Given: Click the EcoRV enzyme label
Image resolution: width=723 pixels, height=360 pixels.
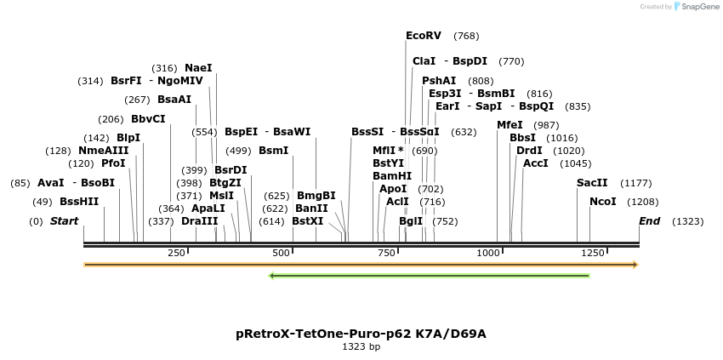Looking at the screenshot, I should coord(424,36).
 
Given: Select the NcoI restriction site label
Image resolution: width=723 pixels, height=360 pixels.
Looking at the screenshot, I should coord(603,202).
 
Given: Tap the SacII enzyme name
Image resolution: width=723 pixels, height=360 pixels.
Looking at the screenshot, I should coord(592,183).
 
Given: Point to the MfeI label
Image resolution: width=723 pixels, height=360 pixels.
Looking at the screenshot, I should coord(510,125).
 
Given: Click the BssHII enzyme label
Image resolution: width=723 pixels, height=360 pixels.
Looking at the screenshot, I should coord(79,202).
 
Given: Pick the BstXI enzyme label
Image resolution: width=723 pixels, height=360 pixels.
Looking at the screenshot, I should coord(308,221).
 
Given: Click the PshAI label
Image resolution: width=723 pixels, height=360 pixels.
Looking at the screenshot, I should coord(439,81).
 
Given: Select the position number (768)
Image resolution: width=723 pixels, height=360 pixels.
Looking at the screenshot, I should coord(466,36).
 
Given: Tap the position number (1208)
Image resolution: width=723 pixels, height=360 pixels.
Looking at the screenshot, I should coord(643,202).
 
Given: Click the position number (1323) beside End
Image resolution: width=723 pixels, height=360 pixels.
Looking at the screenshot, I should coord(688,221).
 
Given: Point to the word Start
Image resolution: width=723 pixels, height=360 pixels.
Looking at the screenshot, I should coord(64,221).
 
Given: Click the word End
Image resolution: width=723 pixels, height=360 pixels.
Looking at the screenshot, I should coord(649,221).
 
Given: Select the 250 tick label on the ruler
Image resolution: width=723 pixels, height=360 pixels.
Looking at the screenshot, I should coord(176,253).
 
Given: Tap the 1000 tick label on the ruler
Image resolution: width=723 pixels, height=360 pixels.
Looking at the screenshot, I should coord(488,253).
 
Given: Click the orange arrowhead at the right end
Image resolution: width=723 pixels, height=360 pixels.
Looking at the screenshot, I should coord(635,265).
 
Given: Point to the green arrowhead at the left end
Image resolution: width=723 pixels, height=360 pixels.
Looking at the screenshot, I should coord(271,276).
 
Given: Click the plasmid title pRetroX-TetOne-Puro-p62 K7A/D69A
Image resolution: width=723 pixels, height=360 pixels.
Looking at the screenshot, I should coord(361,334).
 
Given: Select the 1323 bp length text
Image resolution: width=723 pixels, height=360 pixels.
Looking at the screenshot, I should coord(361,346).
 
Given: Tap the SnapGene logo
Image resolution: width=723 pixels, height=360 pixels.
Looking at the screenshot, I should coord(696,7).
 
